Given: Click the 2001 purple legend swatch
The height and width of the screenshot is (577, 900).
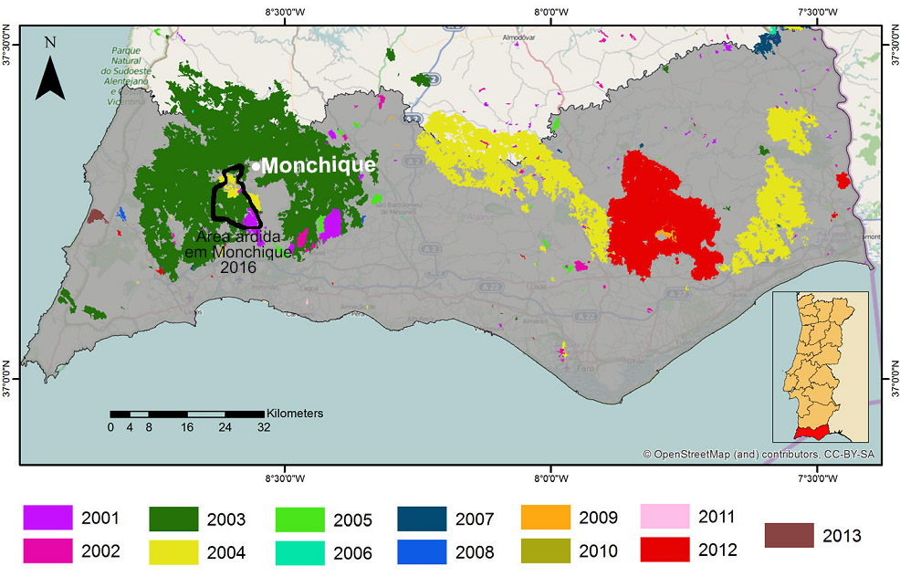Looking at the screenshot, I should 47,518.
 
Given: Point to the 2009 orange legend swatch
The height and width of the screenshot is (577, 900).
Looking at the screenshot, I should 545,518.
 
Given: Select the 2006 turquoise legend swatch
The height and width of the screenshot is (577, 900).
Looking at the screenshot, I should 299,552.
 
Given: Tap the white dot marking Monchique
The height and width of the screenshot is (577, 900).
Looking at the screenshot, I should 256,165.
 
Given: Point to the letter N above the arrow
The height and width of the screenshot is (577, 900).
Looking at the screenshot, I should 50,43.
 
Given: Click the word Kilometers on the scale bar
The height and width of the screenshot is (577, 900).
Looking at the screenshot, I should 295,414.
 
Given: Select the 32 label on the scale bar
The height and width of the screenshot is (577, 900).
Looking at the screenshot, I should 264,427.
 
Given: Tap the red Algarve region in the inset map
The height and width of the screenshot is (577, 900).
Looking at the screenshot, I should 811,431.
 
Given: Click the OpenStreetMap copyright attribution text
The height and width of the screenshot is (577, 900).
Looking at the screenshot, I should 758,454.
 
